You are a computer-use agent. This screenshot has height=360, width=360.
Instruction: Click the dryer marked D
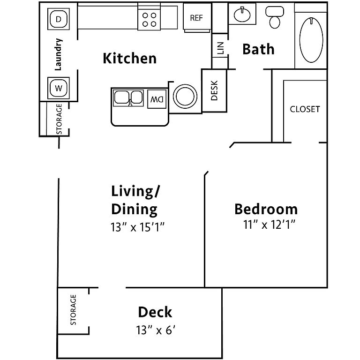(58, 19)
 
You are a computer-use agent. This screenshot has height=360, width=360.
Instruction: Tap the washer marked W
(58, 88)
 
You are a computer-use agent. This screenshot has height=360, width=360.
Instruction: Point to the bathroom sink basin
(242, 15)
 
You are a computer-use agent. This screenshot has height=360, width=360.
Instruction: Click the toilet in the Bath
(275, 17)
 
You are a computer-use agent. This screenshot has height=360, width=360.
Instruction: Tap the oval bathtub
(311, 40)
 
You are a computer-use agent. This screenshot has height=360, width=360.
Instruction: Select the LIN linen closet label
(220, 48)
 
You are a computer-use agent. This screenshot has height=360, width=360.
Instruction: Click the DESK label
(214, 90)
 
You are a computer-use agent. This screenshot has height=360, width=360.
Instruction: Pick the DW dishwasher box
(157, 99)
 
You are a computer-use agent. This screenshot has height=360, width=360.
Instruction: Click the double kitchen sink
(128, 98)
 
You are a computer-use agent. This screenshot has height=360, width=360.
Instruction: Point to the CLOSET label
(305, 109)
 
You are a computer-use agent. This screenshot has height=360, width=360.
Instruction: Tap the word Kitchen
(130, 58)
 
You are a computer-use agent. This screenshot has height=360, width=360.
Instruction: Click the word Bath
(259, 49)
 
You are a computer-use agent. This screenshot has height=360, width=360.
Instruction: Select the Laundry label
(58, 54)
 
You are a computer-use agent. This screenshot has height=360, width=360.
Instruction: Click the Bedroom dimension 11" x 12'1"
(269, 225)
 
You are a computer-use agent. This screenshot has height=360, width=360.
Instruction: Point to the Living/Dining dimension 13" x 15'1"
(137, 227)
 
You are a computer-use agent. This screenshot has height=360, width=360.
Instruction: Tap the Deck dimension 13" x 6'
(156, 330)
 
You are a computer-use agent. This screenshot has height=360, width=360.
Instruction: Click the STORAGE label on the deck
(73, 310)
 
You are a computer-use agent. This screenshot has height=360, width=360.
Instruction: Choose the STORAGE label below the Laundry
(59, 119)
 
